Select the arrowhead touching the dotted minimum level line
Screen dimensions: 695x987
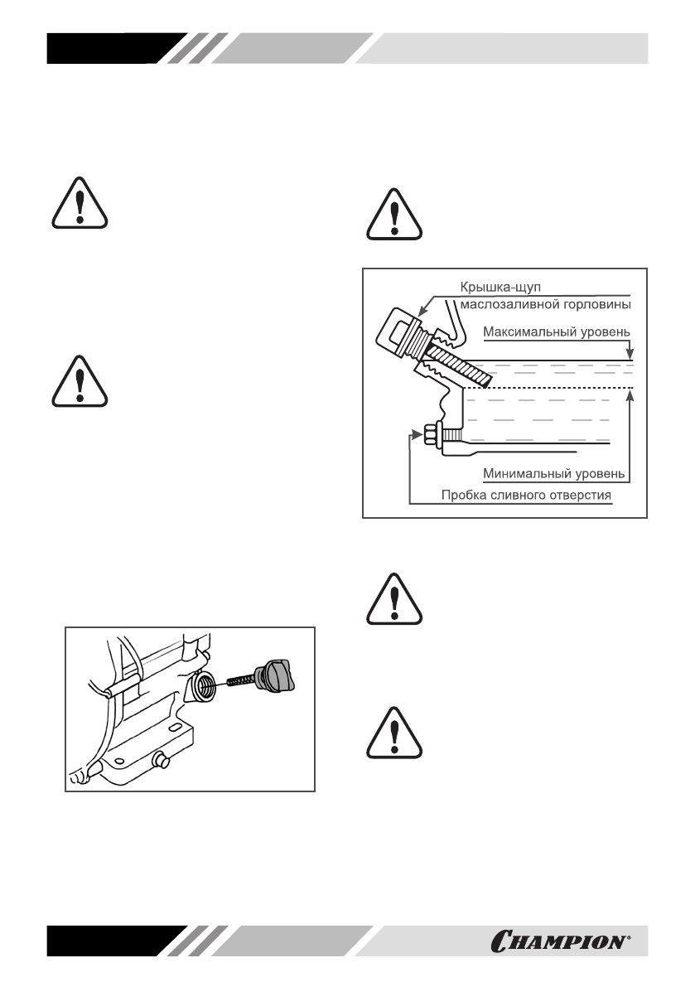pyautogui.click(x=630, y=394)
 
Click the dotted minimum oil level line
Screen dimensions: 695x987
pyautogui.click(x=547, y=387)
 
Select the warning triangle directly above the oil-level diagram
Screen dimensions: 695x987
pyautogui.click(x=395, y=213)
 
